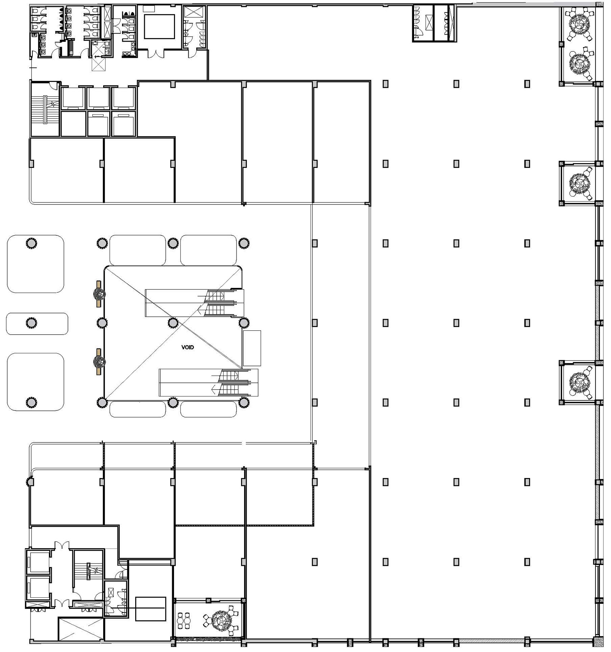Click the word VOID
(188, 348)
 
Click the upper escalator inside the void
(194, 303)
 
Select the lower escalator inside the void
(208, 383)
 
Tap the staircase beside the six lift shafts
(45, 109)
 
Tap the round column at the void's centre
(173, 323)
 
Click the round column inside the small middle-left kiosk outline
(32, 323)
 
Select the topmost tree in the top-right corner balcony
(579, 24)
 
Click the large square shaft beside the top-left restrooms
(159, 27)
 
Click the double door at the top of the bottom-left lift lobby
(61, 545)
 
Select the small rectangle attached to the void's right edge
(252, 348)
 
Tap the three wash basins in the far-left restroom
(43, 44)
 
